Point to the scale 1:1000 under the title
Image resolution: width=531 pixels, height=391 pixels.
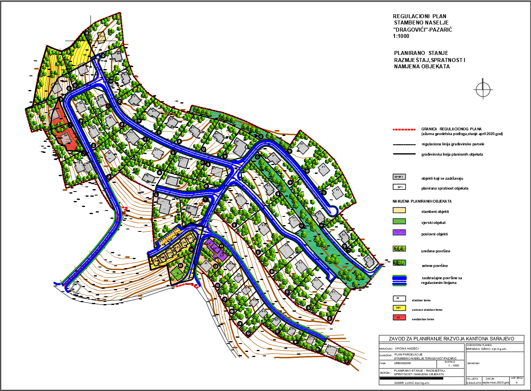pyautogui.click(x=401, y=36)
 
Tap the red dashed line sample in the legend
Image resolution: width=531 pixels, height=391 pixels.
pyautogui.click(x=404, y=129)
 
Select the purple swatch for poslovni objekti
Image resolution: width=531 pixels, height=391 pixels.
pyautogui.click(x=399, y=233)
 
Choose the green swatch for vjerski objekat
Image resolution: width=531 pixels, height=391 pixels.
pyautogui.click(x=399, y=222)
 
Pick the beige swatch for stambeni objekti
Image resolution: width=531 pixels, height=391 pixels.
pyautogui.click(x=399, y=211)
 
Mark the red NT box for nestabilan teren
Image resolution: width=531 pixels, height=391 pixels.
pyautogui.click(x=399, y=318)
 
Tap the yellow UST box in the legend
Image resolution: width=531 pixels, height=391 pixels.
pyautogui.click(x=399, y=308)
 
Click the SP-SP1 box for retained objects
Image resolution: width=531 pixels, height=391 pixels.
pyautogui.click(x=399, y=177)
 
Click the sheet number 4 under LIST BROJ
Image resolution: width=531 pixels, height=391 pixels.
pyautogui.click(x=516, y=382)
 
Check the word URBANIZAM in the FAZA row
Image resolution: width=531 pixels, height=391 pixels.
pyautogui.click(x=403, y=363)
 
